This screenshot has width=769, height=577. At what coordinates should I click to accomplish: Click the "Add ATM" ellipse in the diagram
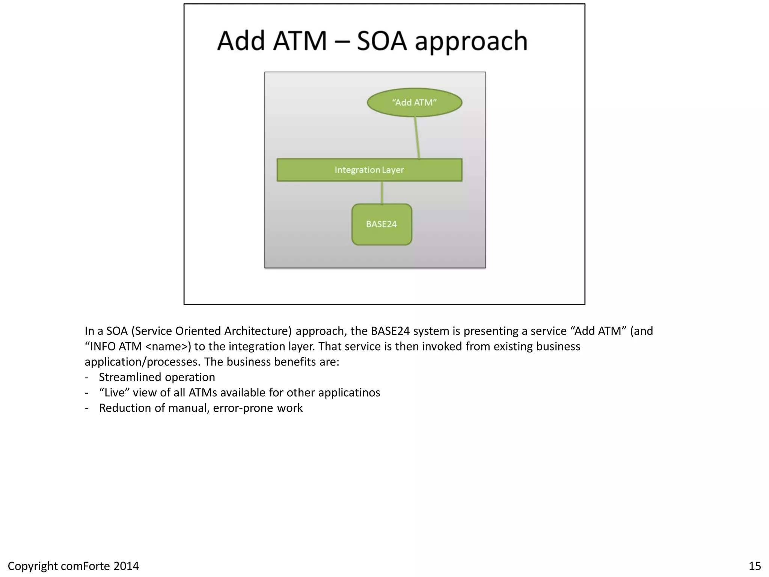(x=414, y=103)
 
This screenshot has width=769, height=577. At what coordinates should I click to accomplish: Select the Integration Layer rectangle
(x=369, y=170)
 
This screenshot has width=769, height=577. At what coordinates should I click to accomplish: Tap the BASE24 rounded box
(x=381, y=224)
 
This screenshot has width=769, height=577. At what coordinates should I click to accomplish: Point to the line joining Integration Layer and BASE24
(x=382, y=193)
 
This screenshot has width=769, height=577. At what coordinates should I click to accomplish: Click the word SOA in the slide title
(x=381, y=41)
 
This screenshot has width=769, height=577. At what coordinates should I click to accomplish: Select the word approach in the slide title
(x=471, y=42)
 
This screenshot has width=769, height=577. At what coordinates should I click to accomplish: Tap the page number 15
(x=755, y=566)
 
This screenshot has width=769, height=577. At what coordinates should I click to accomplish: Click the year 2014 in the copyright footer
(x=126, y=566)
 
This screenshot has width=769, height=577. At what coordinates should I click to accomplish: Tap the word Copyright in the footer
(x=32, y=566)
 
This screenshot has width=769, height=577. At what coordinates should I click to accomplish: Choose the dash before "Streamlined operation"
(x=87, y=377)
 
